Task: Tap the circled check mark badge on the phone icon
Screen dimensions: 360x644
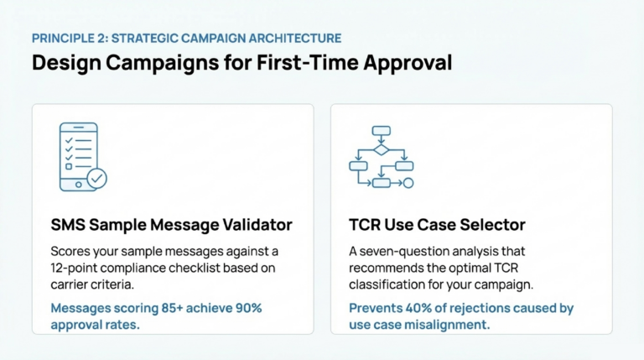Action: click(x=97, y=179)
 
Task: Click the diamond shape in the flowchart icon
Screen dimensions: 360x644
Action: click(x=381, y=149)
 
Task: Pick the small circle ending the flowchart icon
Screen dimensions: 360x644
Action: click(x=408, y=182)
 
